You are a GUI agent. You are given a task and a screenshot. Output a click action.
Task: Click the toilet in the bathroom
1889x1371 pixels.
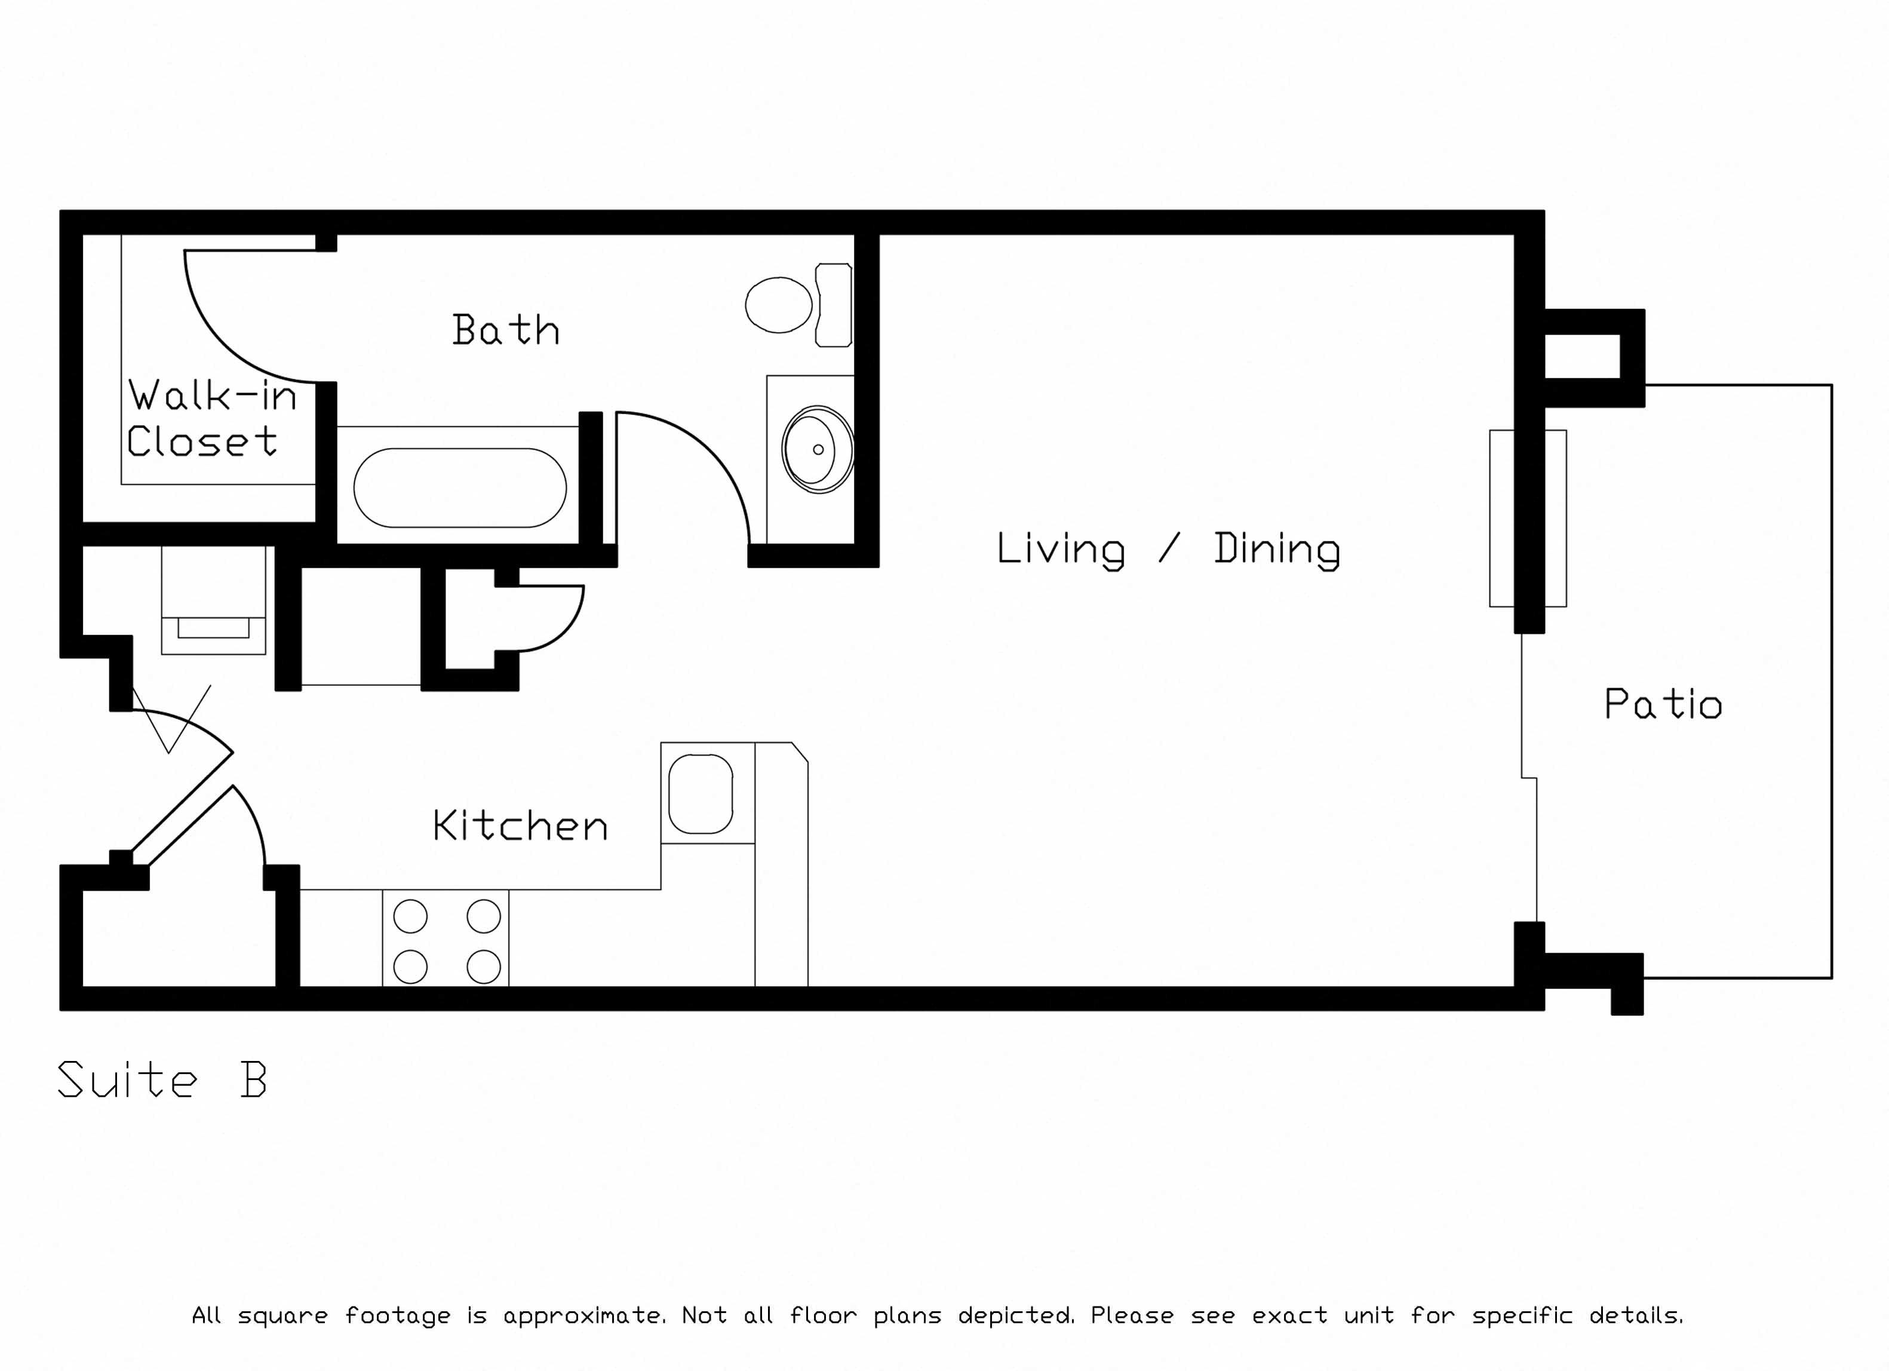coord(798,305)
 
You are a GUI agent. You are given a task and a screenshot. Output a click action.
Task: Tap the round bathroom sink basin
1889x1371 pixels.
coord(818,450)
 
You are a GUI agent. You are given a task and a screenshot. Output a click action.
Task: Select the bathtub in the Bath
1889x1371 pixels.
coord(460,488)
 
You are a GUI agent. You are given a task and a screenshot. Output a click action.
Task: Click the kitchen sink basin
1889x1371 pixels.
coord(701,794)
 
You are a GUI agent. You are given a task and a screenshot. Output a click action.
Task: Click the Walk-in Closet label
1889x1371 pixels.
coord(211,418)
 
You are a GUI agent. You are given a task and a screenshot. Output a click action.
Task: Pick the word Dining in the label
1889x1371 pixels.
coord(1277,550)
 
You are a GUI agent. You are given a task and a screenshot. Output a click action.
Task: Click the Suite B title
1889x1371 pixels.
coord(162,1079)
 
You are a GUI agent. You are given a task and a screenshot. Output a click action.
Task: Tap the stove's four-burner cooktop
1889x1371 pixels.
coord(446,941)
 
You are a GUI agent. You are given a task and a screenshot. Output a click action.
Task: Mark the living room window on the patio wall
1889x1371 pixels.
coord(1528,518)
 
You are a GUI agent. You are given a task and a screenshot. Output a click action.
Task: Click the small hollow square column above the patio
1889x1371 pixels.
coord(1594,357)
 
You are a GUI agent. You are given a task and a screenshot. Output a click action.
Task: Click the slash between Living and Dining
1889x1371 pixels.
coord(1169,548)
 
